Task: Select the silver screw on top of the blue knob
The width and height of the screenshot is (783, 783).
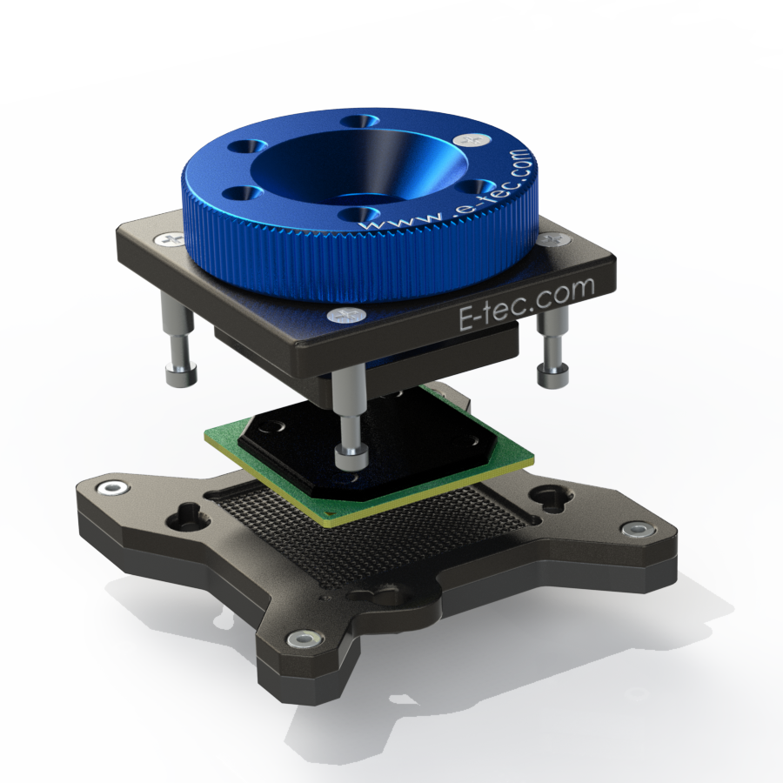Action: point(472,140)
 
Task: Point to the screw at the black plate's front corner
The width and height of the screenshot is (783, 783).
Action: point(346,315)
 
